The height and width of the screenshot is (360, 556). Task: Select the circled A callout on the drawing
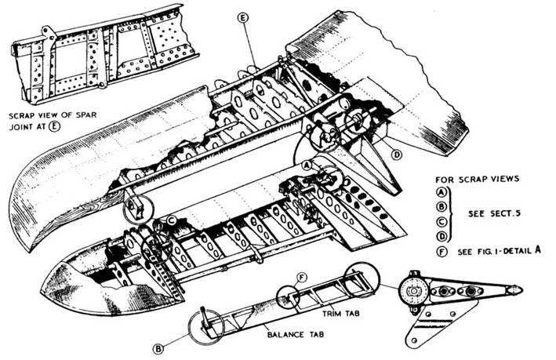(x=307, y=166)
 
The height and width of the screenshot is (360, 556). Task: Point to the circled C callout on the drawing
(x=171, y=221)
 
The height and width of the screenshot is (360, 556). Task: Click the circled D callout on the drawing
(x=397, y=155)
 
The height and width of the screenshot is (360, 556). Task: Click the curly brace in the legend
(x=456, y=215)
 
